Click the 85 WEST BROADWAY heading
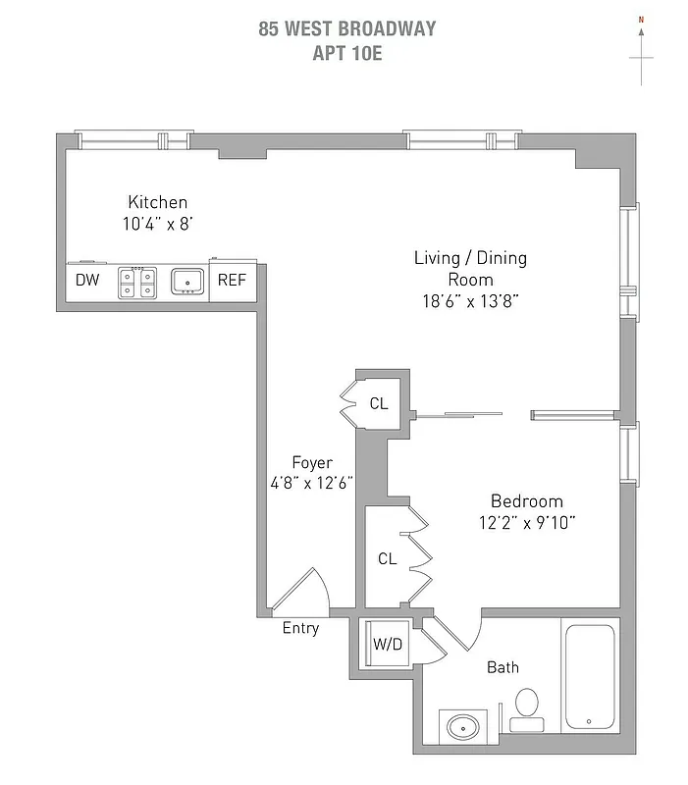(x=346, y=28)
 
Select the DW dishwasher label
(x=86, y=281)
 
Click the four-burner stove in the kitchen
(x=137, y=283)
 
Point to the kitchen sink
(x=187, y=283)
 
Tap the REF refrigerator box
(x=232, y=281)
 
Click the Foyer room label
(x=312, y=462)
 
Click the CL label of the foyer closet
(x=379, y=403)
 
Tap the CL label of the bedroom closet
(x=388, y=558)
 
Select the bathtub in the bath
(x=589, y=677)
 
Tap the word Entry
(x=300, y=628)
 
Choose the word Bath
(x=503, y=667)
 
